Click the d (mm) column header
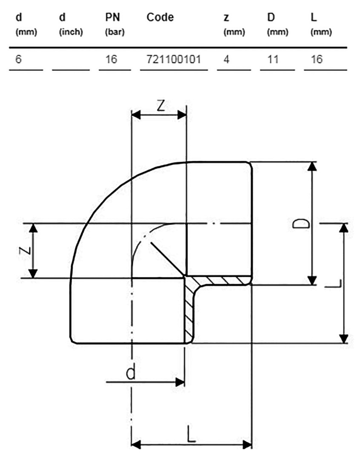26,24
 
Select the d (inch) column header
71,24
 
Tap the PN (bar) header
115,24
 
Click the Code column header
160,17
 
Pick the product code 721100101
174,60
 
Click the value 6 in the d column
18,60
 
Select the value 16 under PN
111,60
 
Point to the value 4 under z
226,60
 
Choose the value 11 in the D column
273,60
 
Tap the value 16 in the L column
317,60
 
